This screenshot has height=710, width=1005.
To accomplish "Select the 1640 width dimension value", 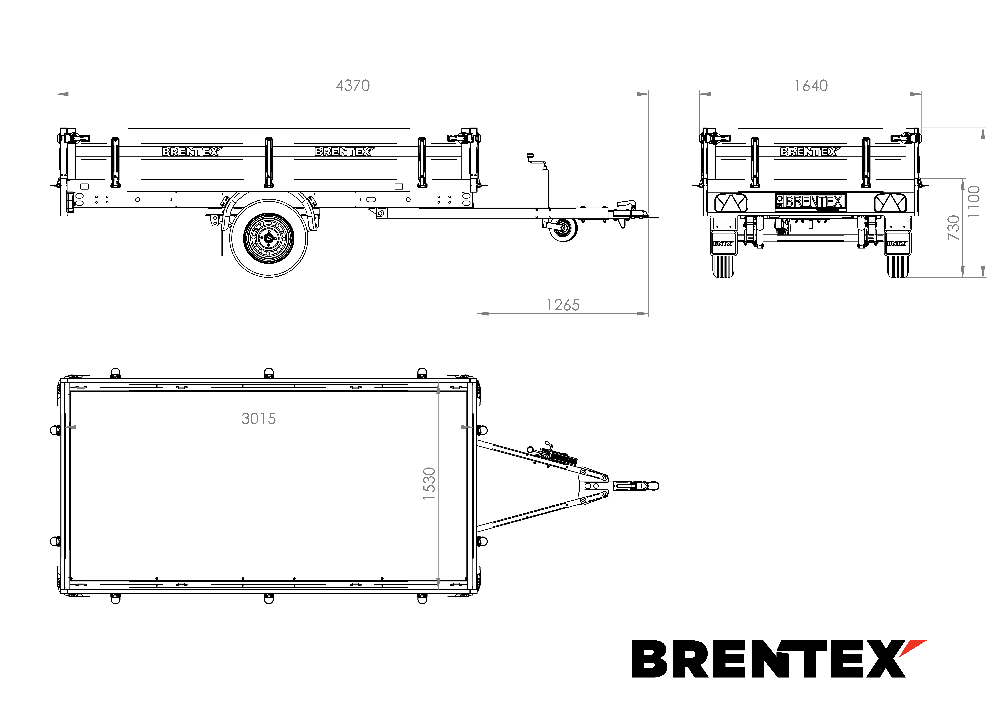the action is [x=811, y=86].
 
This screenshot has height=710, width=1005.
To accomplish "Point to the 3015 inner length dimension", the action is [x=259, y=419].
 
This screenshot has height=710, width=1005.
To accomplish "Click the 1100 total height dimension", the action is [x=973, y=202].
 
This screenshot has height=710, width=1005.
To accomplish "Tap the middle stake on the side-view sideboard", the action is [x=269, y=162].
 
